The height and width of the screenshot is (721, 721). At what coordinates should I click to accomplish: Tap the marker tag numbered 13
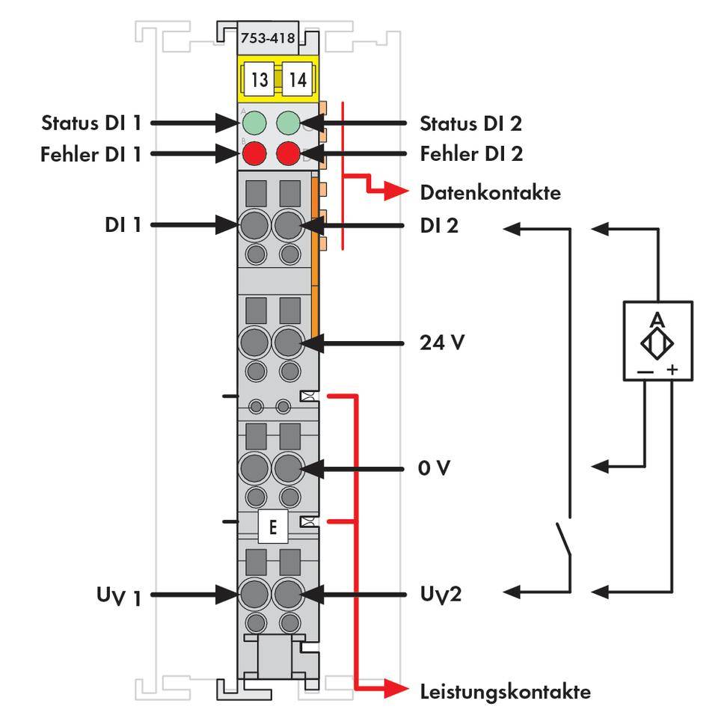point(260,79)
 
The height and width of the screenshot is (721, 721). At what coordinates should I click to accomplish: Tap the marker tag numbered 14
point(298,79)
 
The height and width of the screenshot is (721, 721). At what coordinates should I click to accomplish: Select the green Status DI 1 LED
point(254,122)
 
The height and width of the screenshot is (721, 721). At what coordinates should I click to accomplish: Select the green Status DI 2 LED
point(289,122)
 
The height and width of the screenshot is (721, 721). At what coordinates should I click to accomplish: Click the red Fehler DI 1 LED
point(254,155)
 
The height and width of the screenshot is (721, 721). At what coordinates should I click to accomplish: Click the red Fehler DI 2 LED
point(289,155)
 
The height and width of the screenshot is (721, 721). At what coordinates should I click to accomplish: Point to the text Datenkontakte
point(490,193)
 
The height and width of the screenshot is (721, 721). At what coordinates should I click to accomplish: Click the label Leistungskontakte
point(505,691)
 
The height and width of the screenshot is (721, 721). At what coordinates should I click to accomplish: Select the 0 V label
point(435,468)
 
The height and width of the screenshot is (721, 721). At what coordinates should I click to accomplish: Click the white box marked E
point(272,528)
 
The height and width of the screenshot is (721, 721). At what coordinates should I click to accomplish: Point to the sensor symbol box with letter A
point(657,340)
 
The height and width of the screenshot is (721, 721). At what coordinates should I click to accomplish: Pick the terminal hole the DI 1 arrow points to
point(254,224)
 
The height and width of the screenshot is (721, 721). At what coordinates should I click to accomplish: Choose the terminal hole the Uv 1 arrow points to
point(254,595)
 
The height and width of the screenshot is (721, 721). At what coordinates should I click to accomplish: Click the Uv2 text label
point(440,595)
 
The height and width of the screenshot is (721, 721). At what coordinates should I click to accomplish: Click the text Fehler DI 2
point(471,155)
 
